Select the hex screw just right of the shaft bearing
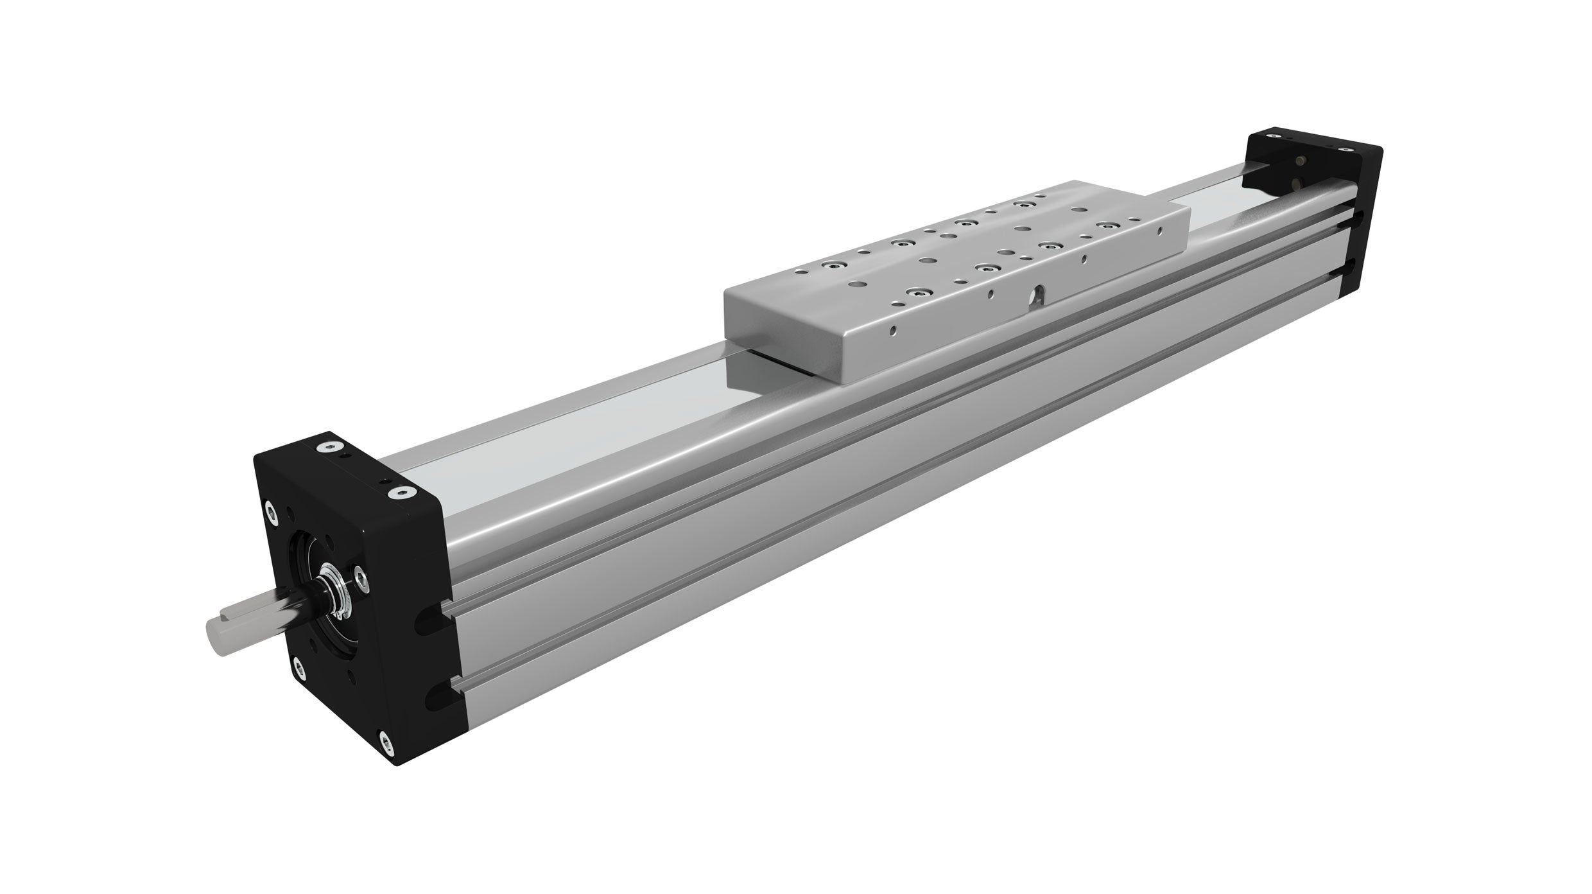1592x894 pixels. (361, 579)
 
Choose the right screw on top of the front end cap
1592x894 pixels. (401, 493)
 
